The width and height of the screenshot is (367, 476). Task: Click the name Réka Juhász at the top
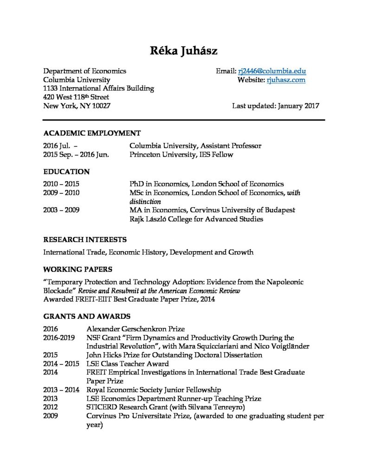183,51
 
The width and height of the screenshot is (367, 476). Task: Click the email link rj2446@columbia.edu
272,71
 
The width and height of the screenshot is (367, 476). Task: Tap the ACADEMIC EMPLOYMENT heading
92,133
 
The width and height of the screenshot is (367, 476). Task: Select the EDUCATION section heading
66,172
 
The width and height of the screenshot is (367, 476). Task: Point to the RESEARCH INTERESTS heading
85,240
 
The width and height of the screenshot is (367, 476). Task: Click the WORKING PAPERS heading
77,269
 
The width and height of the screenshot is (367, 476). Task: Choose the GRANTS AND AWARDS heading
87,316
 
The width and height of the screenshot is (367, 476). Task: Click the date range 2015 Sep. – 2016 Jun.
76,154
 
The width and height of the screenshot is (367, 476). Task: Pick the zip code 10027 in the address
101,106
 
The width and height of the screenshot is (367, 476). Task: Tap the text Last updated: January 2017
275,106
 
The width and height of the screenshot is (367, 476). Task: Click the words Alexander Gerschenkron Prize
136,329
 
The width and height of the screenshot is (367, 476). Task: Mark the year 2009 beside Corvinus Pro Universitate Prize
51,416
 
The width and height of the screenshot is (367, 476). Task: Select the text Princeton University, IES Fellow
181,154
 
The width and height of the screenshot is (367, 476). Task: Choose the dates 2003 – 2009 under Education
61,210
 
